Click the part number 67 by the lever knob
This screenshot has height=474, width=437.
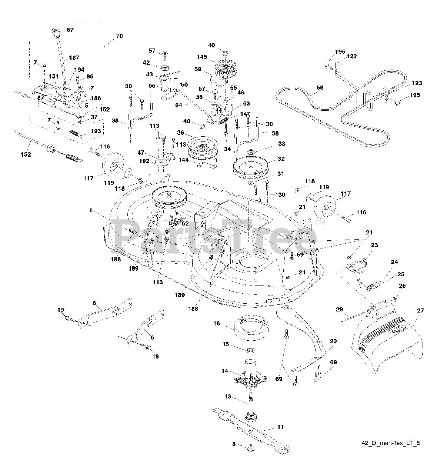(x=70, y=30)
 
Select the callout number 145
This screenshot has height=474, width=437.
(x=202, y=58)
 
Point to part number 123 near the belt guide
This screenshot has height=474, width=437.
(x=417, y=83)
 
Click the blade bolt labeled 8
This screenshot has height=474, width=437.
(x=251, y=447)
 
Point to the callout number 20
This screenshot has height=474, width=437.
(x=333, y=341)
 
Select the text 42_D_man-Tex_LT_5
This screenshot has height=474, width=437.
(x=391, y=443)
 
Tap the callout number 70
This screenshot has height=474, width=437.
(x=119, y=36)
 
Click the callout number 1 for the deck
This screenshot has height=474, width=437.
(x=90, y=210)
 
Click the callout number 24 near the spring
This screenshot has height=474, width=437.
(x=394, y=262)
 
